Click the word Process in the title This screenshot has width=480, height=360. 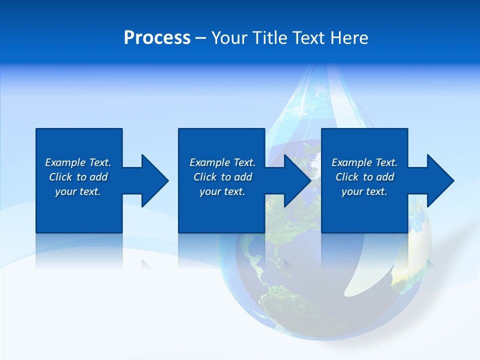(157, 38)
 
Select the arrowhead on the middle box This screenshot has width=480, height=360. (296, 180)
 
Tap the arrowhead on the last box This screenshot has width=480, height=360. (439, 180)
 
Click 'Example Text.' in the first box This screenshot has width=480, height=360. (78, 162)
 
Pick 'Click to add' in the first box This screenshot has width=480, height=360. (78, 177)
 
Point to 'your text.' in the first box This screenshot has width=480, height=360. (78, 191)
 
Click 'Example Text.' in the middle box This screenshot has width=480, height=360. (222, 162)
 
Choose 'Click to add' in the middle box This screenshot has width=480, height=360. (222, 177)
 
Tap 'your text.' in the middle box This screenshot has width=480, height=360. (222, 191)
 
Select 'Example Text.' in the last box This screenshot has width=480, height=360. (364, 162)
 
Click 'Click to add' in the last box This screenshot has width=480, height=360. (364, 177)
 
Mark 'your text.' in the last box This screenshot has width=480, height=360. (364, 191)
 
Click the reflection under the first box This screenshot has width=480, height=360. (79, 250)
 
